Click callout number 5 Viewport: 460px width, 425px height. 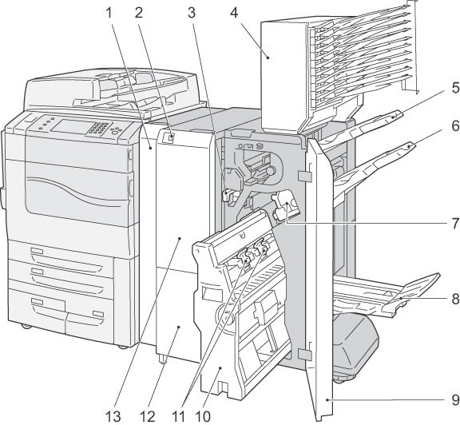[454, 88]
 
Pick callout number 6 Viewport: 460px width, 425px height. [454, 126]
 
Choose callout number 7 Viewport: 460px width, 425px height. [455, 224]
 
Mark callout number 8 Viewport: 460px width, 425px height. [455, 299]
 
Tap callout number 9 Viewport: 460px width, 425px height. [455, 399]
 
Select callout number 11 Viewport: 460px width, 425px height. [178, 416]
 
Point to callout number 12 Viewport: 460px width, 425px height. [147, 416]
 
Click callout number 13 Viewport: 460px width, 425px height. [113, 416]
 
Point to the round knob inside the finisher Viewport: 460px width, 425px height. [271, 170]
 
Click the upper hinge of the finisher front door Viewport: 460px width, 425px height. [303, 176]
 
